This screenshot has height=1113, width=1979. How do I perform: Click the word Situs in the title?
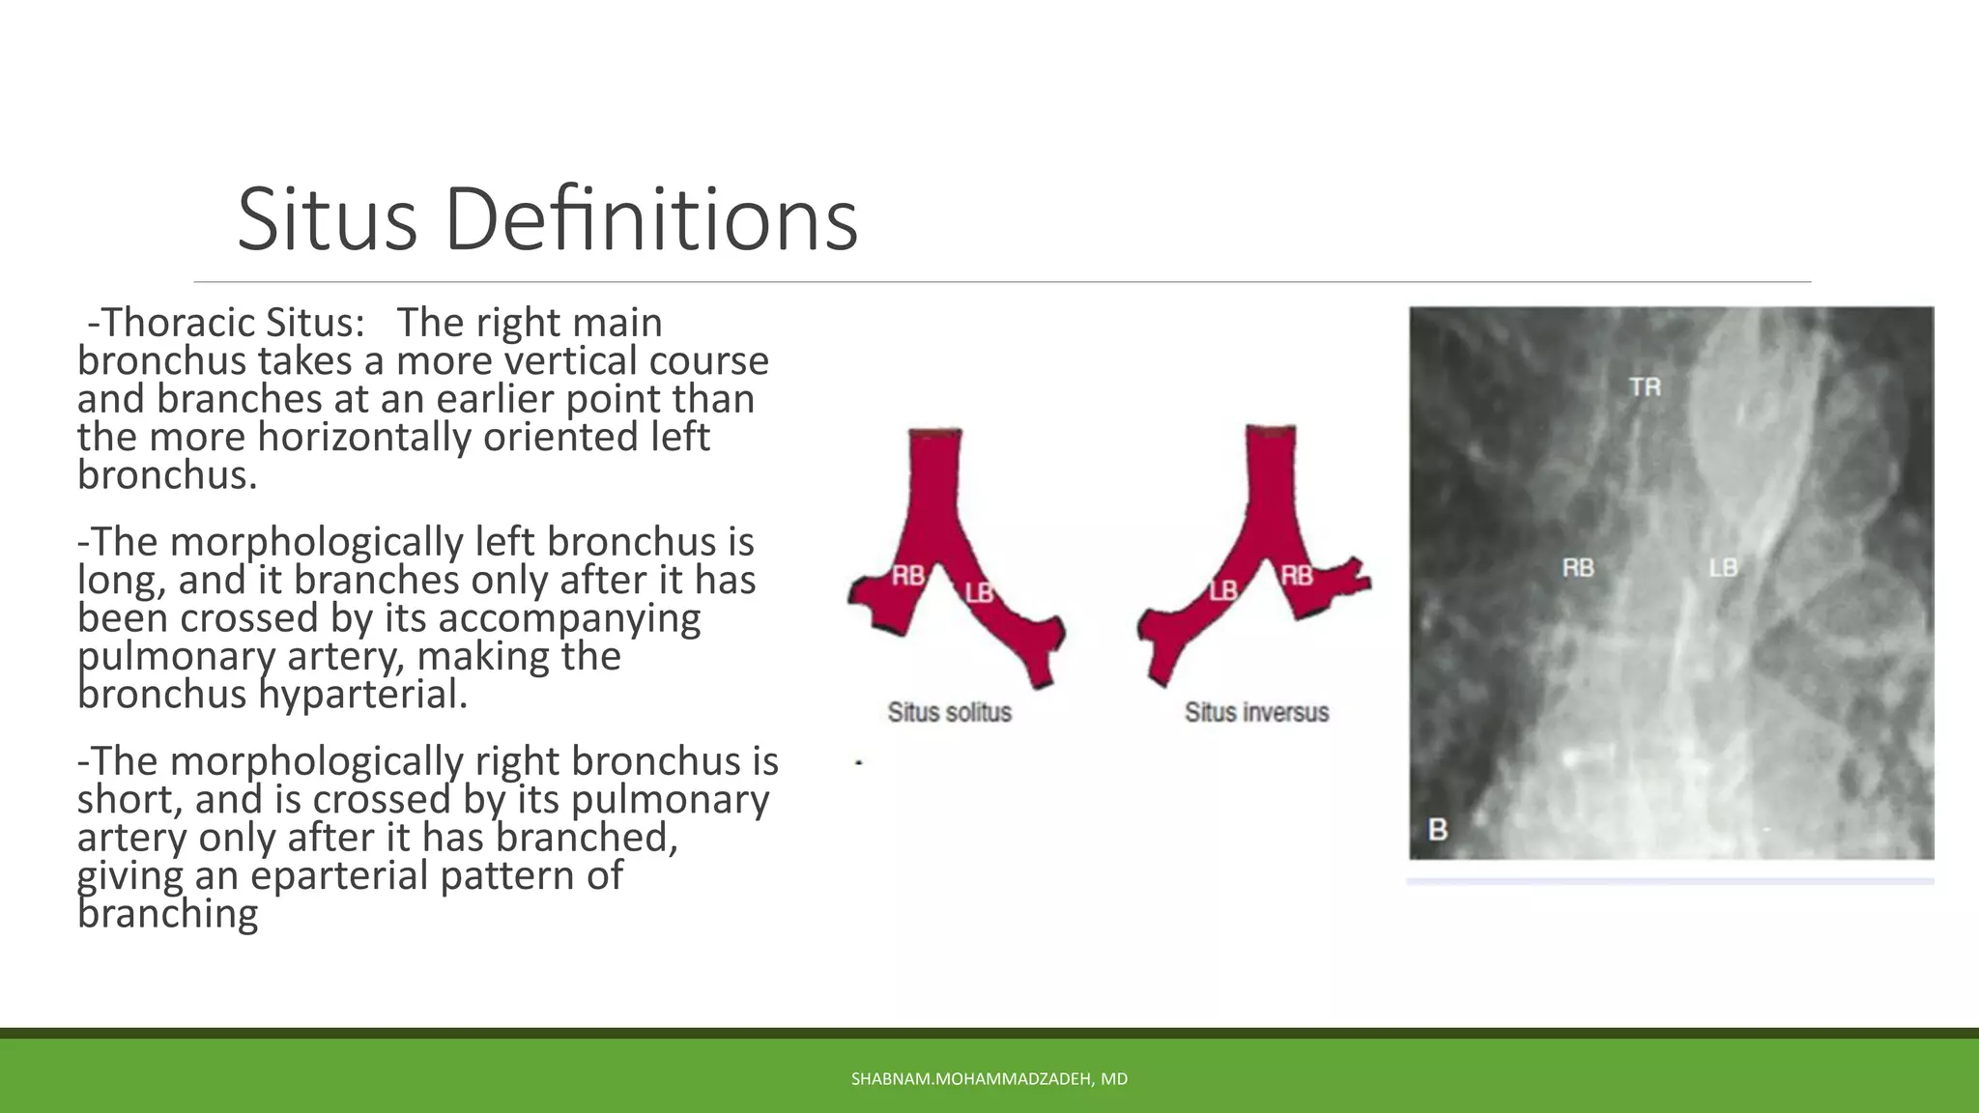327,219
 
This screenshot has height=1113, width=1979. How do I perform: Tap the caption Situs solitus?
949,713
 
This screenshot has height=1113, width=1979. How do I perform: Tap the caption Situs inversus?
1256,713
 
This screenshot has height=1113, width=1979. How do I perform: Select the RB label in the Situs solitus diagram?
907,577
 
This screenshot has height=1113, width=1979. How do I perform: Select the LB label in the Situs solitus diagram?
979,592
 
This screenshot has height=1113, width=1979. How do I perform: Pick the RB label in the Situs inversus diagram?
1297,576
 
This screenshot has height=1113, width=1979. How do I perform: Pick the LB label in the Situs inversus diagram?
1223,589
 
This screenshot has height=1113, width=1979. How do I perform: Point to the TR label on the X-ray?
1645,387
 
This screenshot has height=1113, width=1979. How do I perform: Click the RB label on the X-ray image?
1578,568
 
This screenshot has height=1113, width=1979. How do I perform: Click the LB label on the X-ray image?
1723,568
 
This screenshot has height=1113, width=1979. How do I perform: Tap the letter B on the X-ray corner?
1438,829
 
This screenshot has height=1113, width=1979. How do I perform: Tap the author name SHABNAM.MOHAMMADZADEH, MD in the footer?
989,1079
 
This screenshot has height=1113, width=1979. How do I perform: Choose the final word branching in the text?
167,914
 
